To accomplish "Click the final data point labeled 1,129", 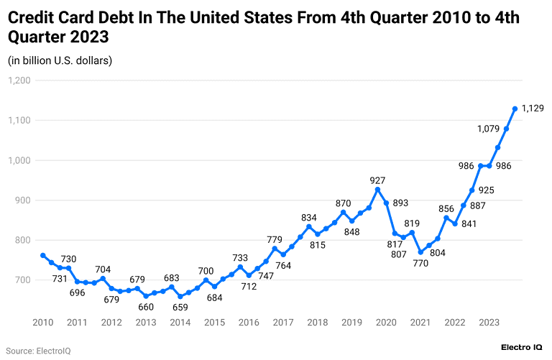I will tap(515, 109).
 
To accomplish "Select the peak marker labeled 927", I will tap(377, 190).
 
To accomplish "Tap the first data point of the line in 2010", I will tap(43, 255).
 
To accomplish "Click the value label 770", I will tap(420, 263).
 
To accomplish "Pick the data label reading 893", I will tap(400, 203).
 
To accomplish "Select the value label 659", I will tap(180, 307).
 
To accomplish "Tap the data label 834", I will tap(308, 217).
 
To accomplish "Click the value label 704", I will tap(103, 269).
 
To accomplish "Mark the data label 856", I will tap(446, 208).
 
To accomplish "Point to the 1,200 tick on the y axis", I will tap(18, 80).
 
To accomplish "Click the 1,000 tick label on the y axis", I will tap(18, 161).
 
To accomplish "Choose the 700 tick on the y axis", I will tap(22, 281).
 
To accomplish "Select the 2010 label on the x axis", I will tap(43, 323).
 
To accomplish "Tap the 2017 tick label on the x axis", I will tap(282, 323).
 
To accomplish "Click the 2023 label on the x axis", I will tap(489, 323).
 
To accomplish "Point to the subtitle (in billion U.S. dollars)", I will tap(60, 60).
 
